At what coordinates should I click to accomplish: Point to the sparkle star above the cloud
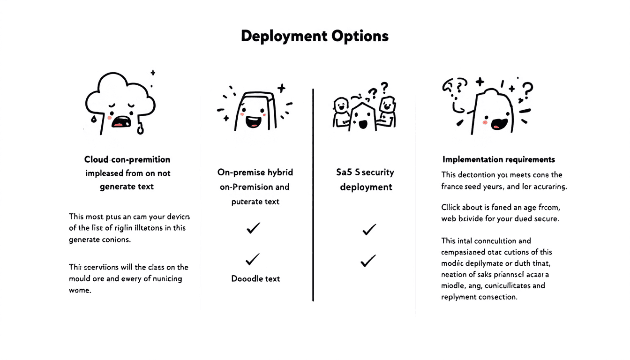pyautogui.click(x=152, y=73)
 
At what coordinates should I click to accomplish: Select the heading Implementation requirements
pyautogui.click(x=499, y=159)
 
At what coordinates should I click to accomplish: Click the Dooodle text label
pyautogui.click(x=255, y=278)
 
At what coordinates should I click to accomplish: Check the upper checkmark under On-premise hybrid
pyautogui.click(x=253, y=228)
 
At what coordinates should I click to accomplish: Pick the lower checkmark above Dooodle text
pyautogui.click(x=252, y=259)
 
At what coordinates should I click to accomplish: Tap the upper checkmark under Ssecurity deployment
pyautogui.click(x=369, y=230)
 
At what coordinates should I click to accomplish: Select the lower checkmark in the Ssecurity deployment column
pyautogui.click(x=368, y=261)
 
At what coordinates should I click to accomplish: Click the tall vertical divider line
pyautogui.click(x=313, y=195)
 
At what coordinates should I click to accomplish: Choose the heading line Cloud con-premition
pyautogui.click(x=127, y=159)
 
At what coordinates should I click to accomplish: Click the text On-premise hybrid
pyautogui.click(x=255, y=172)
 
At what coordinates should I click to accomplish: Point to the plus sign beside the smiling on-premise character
pyautogui.click(x=281, y=88)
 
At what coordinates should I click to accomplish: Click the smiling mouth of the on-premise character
pyautogui.click(x=254, y=122)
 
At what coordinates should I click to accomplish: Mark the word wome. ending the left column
pyautogui.click(x=79, y=290)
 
